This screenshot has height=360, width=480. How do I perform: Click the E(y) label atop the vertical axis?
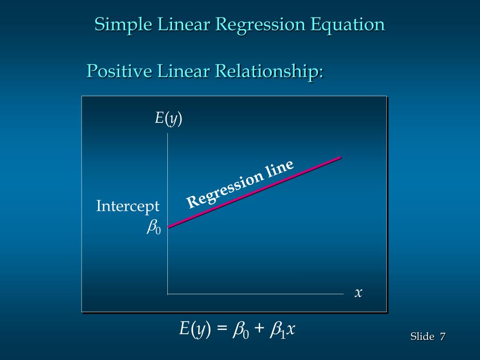click(x=169, y=119)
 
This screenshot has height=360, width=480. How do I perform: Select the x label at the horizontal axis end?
click(x=359, y=293)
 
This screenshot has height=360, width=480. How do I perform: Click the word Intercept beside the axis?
click(x=128, y=206)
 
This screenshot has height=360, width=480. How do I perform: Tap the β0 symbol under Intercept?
click(x=154, y=227)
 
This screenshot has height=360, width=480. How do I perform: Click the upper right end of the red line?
click(x=340, y=157)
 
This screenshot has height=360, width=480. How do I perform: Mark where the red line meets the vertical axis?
click(x=168, y=227)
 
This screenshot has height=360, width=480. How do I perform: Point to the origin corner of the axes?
click(x=168, y=294)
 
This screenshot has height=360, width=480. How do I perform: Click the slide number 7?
click(x=442, y=337)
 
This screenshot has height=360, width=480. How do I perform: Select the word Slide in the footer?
click(x=422, y=337)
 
